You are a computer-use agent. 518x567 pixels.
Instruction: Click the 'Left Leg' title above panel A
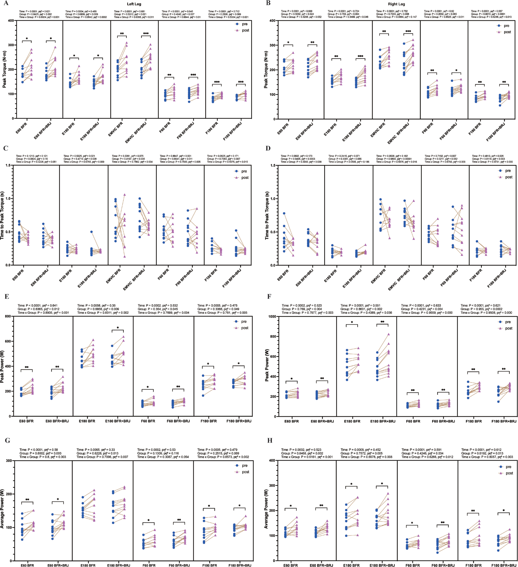(x=134, y=4)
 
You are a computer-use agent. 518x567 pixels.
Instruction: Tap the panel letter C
(x=6, y=148)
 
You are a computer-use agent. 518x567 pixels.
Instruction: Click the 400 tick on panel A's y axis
(x=11, y=20)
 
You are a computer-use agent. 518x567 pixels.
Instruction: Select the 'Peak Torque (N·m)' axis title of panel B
(x=266, y=69)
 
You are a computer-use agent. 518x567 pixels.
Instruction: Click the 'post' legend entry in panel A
(x=245, y=30)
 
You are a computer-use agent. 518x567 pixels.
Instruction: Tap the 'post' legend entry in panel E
(x=244, y=328)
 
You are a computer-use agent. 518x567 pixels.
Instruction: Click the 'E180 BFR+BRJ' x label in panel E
(x=118, y=421)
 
